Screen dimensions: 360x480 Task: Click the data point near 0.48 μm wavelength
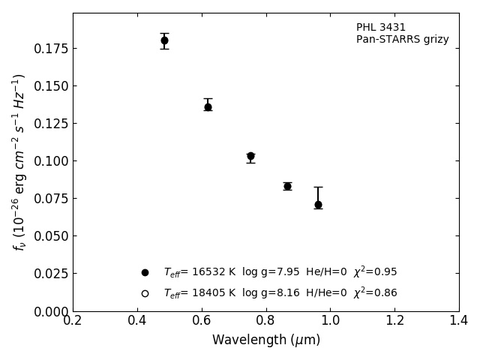pos(164,40)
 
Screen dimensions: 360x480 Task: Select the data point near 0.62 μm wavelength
pos(208,106)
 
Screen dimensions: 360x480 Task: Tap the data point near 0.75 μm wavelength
pos(250,156)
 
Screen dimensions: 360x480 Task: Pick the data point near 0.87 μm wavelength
pos(287,186)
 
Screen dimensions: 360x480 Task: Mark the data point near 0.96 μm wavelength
pos(318,204)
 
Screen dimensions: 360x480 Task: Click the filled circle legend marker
pos(145,272)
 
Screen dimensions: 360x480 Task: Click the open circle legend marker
pos(145,293)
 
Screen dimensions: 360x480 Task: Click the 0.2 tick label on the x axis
pos(73,321)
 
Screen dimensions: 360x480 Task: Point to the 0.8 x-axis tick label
pos(266,321)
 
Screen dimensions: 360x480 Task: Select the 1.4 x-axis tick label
pos(459,321)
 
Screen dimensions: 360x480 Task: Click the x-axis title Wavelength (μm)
pos(265,340)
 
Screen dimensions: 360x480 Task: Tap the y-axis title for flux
pos(19,161)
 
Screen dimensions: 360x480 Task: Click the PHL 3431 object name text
pos(381,28)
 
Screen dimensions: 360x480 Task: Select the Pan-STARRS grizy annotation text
pos(402,40)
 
